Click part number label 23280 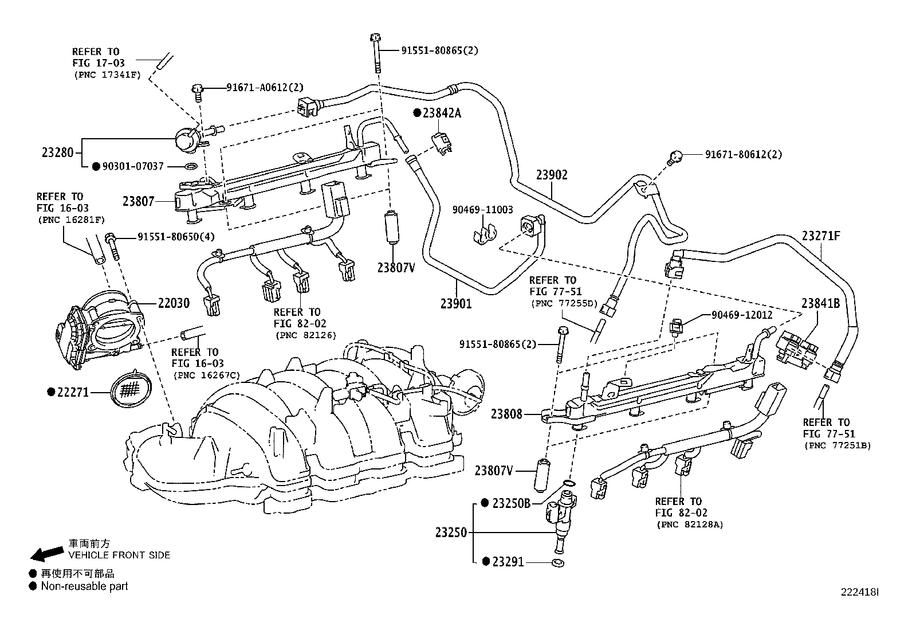click(x=58, y=153)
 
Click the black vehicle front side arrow click(x=46, y=553)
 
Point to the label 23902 click(x=551, y=175)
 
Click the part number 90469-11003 click(x=482, y=210)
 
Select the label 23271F click(x=820, y=236)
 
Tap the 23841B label click(x=820, y=303)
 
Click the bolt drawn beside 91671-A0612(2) click(x=198, y=90)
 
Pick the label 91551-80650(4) click(x=175, y=237)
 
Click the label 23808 click(x=506, y=413)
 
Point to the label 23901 click(x=456, y=304)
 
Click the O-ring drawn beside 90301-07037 click(x=192, y=167)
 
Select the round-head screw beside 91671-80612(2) click(x=675, y=155)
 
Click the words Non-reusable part click(x=84, y=586)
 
